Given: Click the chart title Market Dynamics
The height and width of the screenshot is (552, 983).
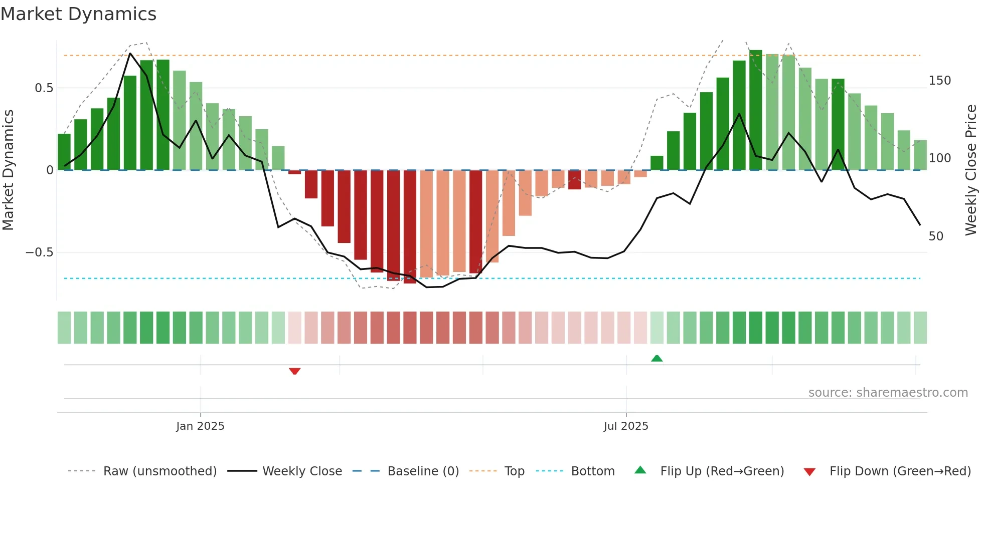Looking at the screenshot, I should (78, 14).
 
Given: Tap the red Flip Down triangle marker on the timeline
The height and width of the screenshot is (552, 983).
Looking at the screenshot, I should (294, 371).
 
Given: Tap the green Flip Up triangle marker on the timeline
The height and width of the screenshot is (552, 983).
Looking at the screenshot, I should (657, 358).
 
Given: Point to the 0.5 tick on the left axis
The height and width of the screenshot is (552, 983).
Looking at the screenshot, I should (44, 88).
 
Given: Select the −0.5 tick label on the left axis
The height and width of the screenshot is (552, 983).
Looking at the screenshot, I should (39, 252).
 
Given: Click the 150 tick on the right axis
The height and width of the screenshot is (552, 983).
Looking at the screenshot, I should (939, 81).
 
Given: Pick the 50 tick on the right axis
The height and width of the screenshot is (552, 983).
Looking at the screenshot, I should (936, 236).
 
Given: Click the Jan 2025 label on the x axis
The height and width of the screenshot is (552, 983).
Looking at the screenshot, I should (200, 426).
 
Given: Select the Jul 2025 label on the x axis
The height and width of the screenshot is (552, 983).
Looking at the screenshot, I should (625, 426).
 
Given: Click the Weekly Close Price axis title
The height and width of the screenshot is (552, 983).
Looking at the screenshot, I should (971, 170).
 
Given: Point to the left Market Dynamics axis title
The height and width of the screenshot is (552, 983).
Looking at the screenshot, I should (8, 170).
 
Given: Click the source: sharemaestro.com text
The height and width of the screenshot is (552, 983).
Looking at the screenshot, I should (888, 393).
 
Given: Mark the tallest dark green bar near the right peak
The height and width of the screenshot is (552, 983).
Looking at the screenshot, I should (755, 110).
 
